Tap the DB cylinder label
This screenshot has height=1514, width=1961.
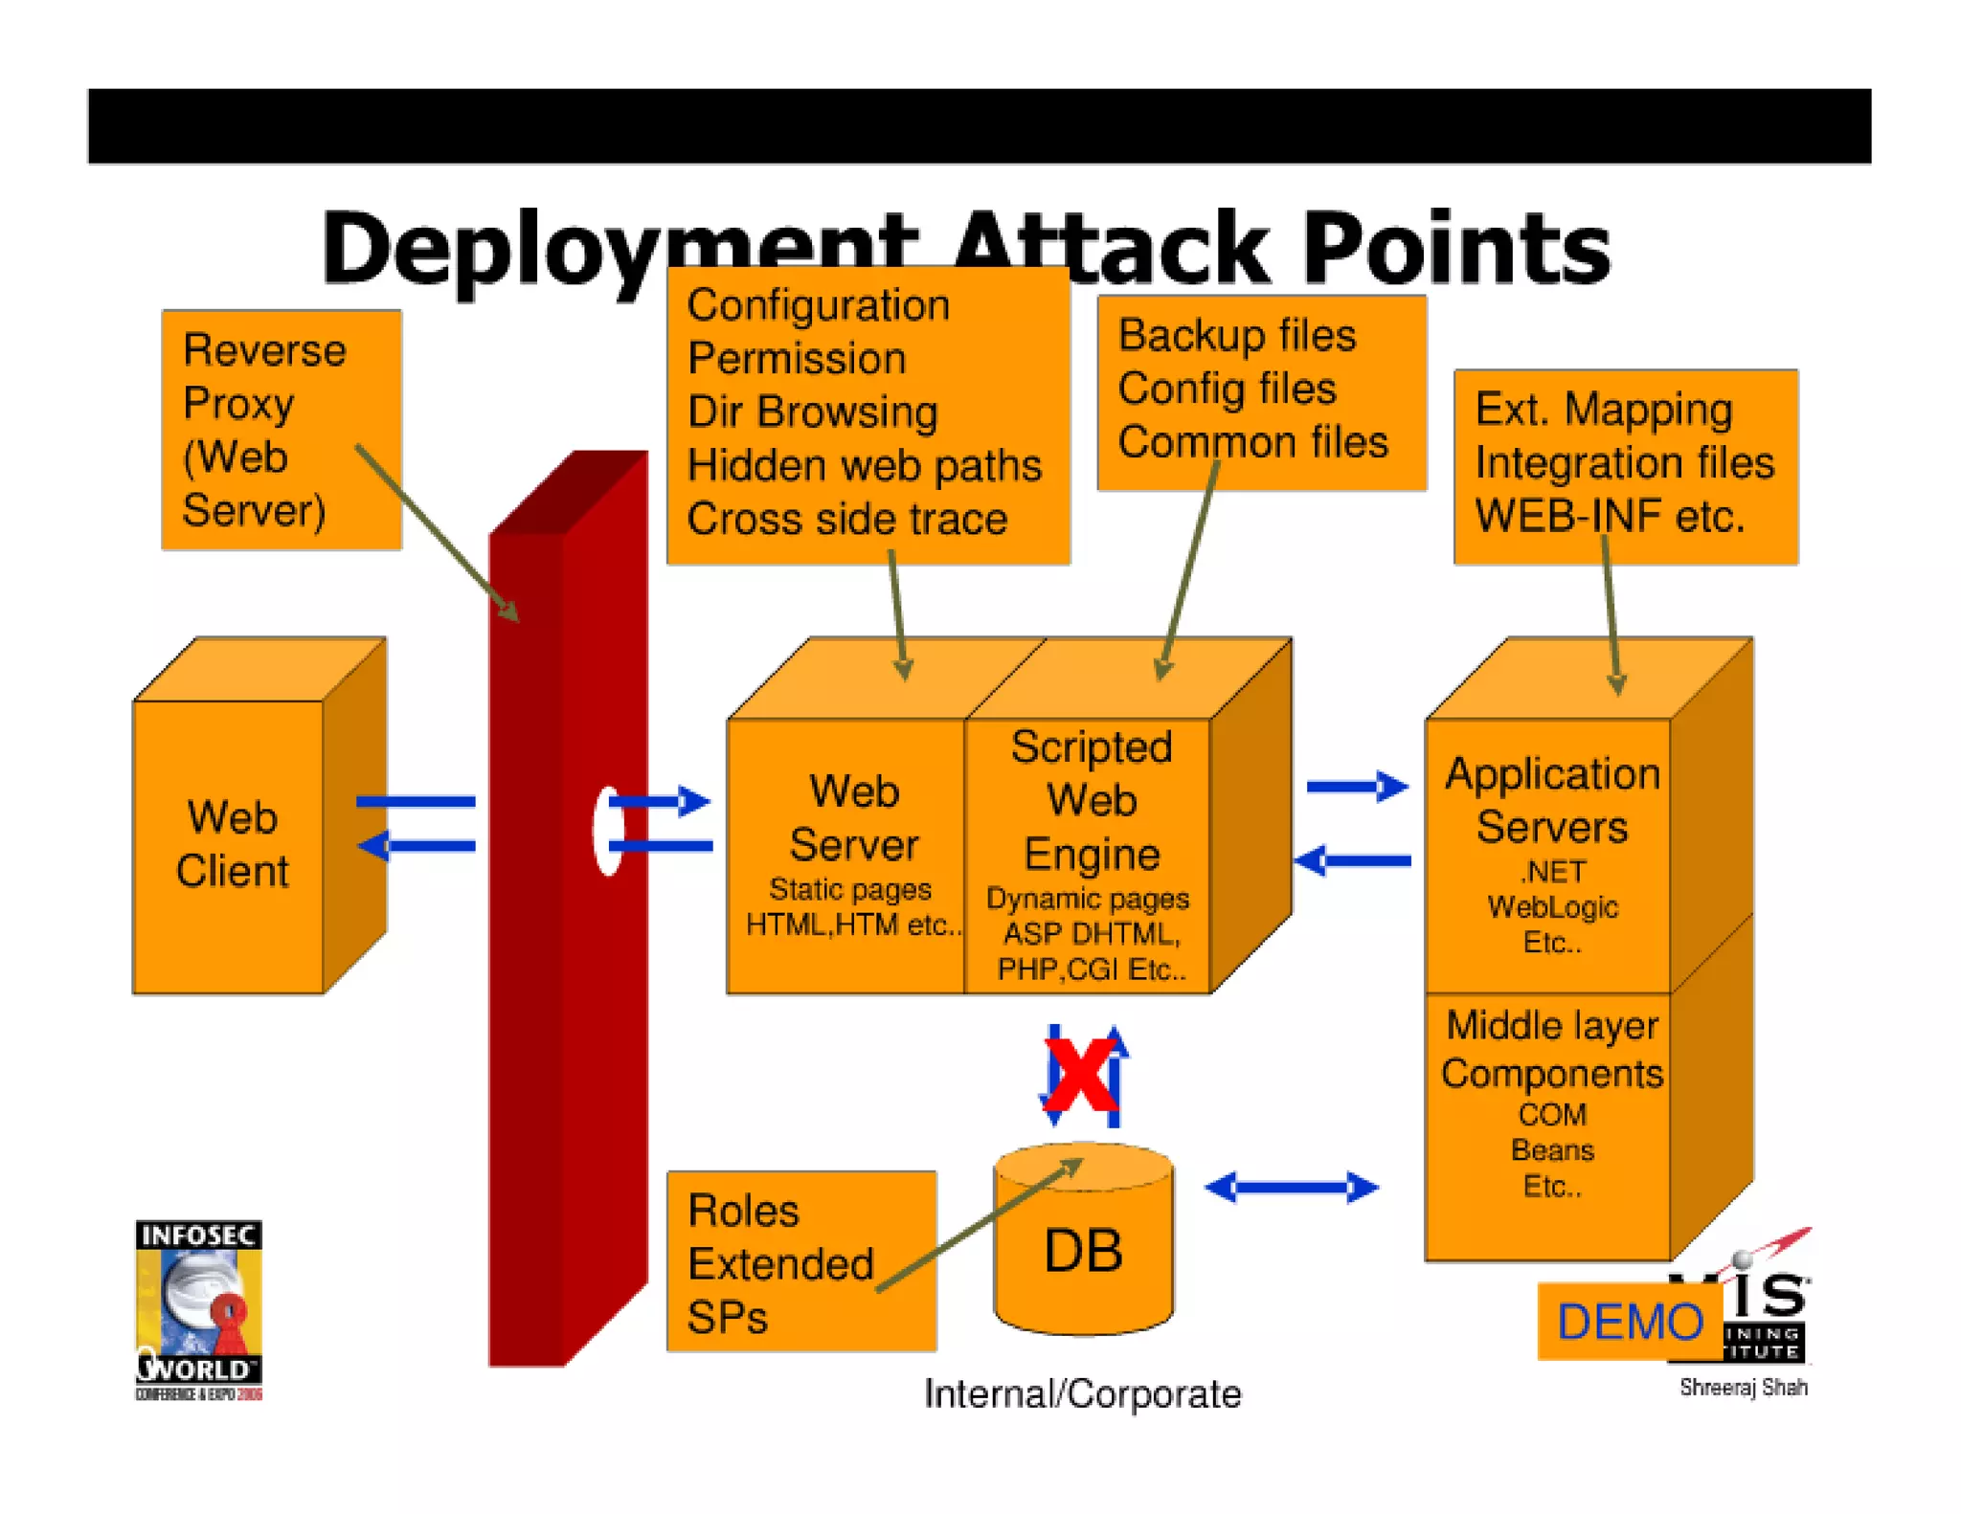click(1083, 1250)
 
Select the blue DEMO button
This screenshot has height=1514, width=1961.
click(1629, 1322)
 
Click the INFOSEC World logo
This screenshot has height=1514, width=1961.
click(198, 1309)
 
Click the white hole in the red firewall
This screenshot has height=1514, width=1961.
click(606, 830)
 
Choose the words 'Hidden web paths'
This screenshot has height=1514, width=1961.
click(864, 466)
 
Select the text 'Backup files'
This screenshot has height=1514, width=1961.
click(1236, 336)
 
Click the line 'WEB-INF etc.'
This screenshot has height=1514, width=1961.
click(1610, 516)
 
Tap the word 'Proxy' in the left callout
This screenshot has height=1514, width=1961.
click(238, 404)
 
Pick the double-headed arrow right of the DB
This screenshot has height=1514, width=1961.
click(1291, 1188)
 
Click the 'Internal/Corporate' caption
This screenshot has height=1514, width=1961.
click(1082, 1393)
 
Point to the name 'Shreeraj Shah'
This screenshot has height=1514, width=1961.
click(1743, 1387)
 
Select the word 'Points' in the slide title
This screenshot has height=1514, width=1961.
click(1455, 249)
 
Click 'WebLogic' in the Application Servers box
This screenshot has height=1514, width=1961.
click(1552, 906)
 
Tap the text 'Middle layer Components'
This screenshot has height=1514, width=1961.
click(1551, 1050)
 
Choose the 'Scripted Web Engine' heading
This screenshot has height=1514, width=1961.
click(1092, 800)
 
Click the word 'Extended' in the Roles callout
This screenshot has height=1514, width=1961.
click(780, 1264)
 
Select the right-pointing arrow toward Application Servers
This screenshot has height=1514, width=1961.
click(1357, 787)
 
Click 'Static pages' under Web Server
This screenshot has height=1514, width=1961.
click(850, 889)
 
